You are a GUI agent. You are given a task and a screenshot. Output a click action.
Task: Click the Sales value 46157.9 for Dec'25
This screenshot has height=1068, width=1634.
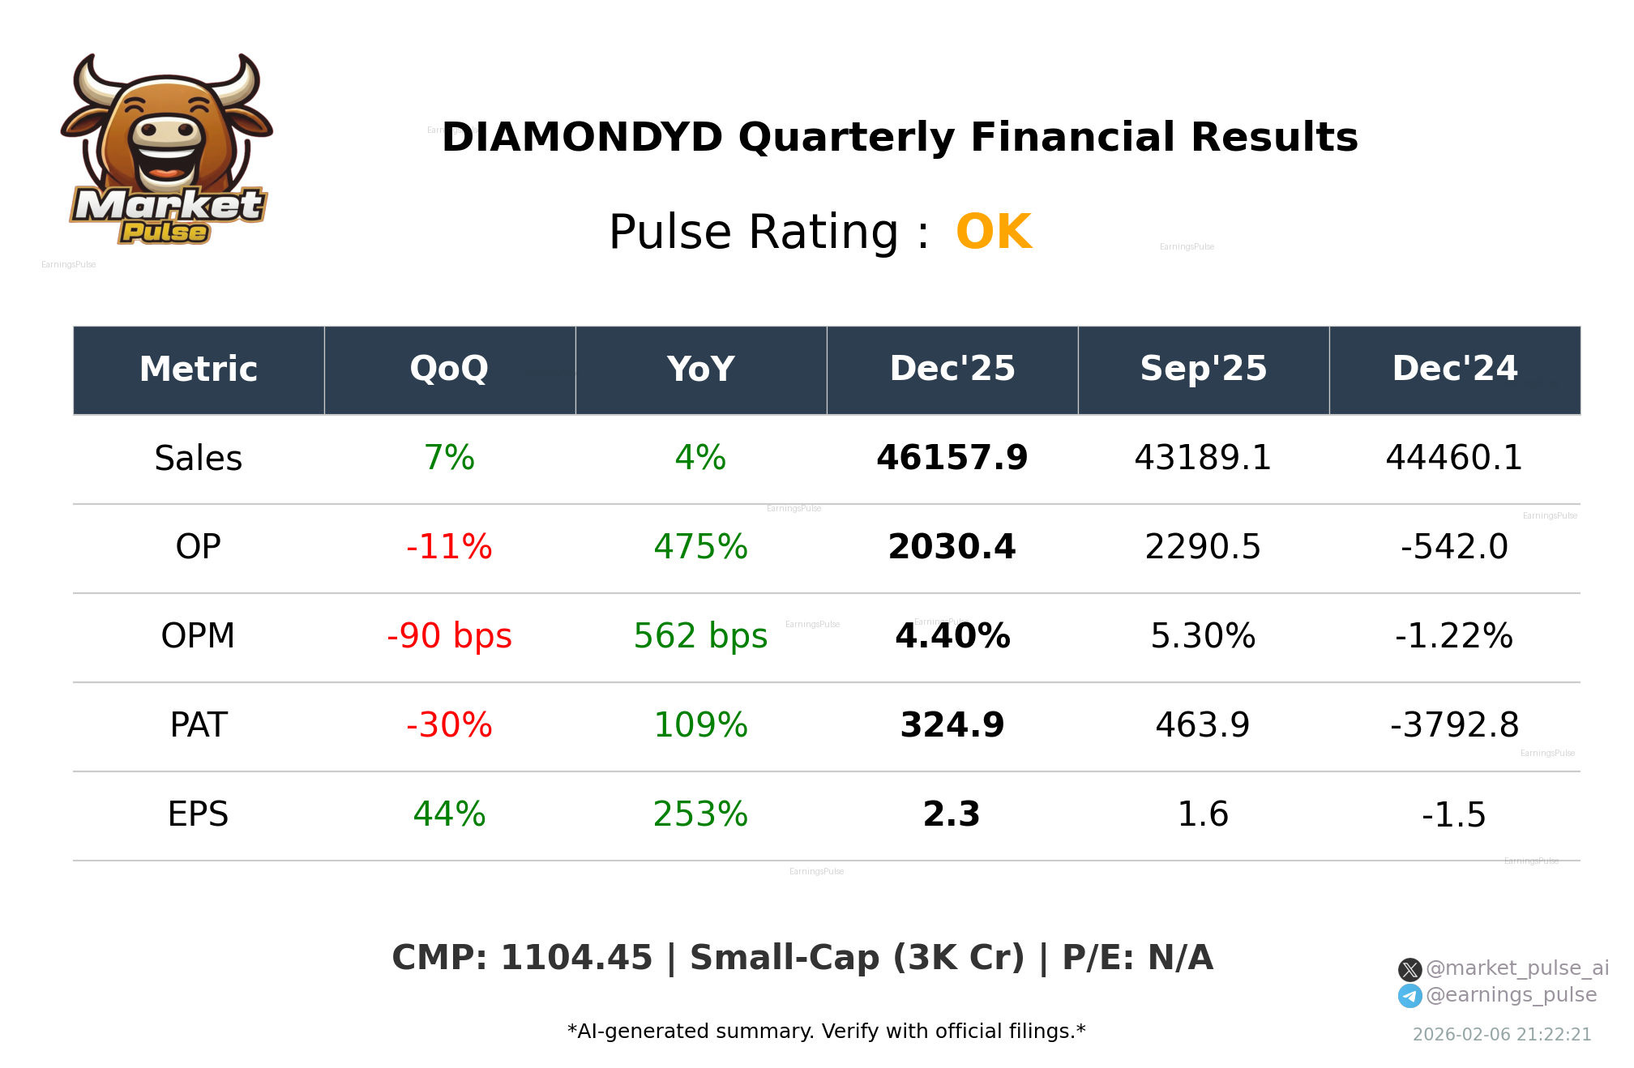tap(952, 458)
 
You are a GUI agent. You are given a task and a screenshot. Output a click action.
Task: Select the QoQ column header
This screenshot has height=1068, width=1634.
tap(449, 370)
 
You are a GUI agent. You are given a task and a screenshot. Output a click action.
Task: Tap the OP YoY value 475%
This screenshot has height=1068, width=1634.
tap(700, 547)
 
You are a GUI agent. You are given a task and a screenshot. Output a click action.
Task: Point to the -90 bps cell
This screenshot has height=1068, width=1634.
tap(449, 636)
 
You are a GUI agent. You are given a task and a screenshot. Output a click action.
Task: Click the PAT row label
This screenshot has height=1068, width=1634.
tap(198, 725)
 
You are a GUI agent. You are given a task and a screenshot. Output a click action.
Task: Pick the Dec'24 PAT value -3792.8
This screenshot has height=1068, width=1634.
tap(1454, 725)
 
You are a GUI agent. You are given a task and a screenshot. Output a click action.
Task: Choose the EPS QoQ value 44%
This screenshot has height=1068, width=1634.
tap(449, 814)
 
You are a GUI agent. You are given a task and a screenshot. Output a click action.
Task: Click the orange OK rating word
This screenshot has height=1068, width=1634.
tap(994, 233)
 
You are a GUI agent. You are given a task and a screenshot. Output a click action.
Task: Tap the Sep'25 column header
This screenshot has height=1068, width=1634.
tap(1203, 370)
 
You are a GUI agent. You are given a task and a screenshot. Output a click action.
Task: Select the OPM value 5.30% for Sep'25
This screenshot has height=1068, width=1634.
tap(1203, 636)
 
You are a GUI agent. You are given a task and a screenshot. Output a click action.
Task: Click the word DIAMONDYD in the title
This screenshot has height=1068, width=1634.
tap(582, 137)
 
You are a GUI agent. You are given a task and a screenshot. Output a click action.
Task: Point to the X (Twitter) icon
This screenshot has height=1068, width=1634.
tap(1409, 969)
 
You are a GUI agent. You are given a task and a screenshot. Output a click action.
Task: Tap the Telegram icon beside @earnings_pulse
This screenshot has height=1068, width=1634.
tap(1409, 996)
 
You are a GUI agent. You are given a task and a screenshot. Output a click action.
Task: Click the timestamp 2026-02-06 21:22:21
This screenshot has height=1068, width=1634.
tap(1501, 1035)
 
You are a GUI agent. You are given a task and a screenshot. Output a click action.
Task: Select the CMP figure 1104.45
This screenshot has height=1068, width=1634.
tap(575, 958)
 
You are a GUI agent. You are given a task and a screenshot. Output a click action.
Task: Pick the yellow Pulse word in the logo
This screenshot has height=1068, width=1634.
tap(165, 233)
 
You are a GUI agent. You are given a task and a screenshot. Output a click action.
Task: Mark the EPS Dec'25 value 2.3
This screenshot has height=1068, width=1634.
tap(952, 814)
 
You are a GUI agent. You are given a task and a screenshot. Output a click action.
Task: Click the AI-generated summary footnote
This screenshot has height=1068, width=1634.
tap(826, 1032)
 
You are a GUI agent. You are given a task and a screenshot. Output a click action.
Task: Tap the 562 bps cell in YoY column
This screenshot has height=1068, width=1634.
tap(700, 636)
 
